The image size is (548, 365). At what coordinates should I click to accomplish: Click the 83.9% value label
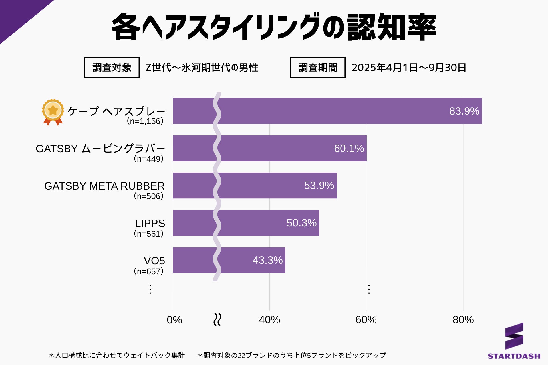(x=464, y=111)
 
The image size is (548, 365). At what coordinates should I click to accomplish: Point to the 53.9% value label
(x=319, y=186)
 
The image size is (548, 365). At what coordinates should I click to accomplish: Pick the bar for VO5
(x=251, y=260)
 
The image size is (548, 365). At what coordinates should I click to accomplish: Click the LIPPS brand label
(x=150, y=223)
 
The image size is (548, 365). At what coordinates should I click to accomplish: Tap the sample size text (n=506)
(x=149, y=196)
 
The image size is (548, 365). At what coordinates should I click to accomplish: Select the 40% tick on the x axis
(x=269, y=320)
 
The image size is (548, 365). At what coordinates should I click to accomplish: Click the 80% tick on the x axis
(x=463, y=320)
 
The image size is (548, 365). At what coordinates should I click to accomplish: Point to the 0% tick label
(x=174, y=320)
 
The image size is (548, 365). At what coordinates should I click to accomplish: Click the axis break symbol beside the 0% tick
(x=217, y=320)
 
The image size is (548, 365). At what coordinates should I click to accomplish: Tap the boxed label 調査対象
(x=112, y=68)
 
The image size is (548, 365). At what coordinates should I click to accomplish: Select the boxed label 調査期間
(x=318, y=68)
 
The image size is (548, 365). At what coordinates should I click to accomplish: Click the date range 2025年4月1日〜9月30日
(x=409, y=68)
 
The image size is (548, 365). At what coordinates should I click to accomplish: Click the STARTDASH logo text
(x=514, y=356)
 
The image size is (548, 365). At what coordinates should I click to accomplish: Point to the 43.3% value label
(x=267, y=260)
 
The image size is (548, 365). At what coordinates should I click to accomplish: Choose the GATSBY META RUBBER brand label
(x=104, y=186)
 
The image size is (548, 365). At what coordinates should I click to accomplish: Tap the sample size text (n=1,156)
(x=145, y=121)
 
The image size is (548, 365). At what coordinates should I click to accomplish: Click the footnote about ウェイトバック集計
(x=117, y=355)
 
